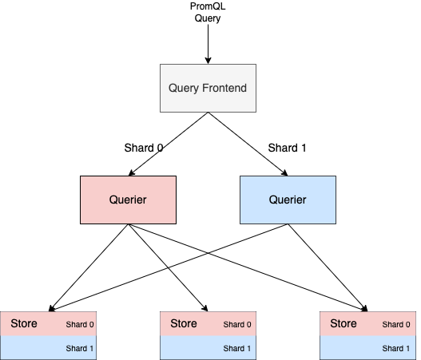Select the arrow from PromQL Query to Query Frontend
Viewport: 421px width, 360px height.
pyautogui.click(x=208, y=45)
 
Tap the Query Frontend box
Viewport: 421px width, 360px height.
pyautogui.click(x=208, y=87)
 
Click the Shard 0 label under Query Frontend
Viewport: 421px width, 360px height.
pyautogui.click(x=144, y=148)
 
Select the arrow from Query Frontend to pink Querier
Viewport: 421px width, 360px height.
pyautogui.click(x=169, y=143)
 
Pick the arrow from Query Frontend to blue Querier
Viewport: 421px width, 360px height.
pyautogui.click(x=247, y=143)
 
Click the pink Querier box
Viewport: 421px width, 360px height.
pyautogui.click(x=128, y=200)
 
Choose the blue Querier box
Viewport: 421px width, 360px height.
pyautogui.click(x=288, y=200)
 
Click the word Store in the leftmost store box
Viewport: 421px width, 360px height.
pyautogui.click(x=25, y=323)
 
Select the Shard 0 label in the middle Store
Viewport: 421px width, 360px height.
pyautogui.click(x=236, y=325)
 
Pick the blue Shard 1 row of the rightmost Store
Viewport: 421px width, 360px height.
pyautogui.click(x=367, y=348)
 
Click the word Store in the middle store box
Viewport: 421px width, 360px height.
pyautogui.click(x=185, y=323)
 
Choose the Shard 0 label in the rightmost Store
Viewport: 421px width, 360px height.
pyautogui.click(x=396, y=325)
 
